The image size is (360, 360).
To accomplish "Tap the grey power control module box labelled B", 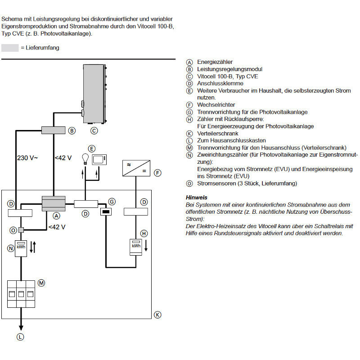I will pos(54,130).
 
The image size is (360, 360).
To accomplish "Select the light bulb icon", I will pos(84,158).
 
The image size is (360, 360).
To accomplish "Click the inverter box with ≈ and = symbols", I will pos(136,169).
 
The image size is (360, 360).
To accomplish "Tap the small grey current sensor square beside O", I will pos(21,230).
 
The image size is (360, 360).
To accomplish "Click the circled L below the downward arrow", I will pos(20,336).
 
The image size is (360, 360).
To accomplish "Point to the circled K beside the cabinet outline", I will pos(157,315).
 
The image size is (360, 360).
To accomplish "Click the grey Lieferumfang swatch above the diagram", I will pos(10,48).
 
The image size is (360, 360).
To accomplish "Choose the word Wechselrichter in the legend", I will pos(216,105).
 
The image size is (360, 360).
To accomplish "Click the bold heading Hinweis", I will pos(196,198).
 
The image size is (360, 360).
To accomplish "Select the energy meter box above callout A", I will pos(54,203).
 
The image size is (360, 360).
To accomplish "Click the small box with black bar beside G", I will pos(107,211).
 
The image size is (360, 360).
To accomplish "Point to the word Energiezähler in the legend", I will pos(216,62).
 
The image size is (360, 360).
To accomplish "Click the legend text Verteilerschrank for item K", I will pos(218,134).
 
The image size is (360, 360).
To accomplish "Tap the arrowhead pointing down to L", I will pos(20,328).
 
